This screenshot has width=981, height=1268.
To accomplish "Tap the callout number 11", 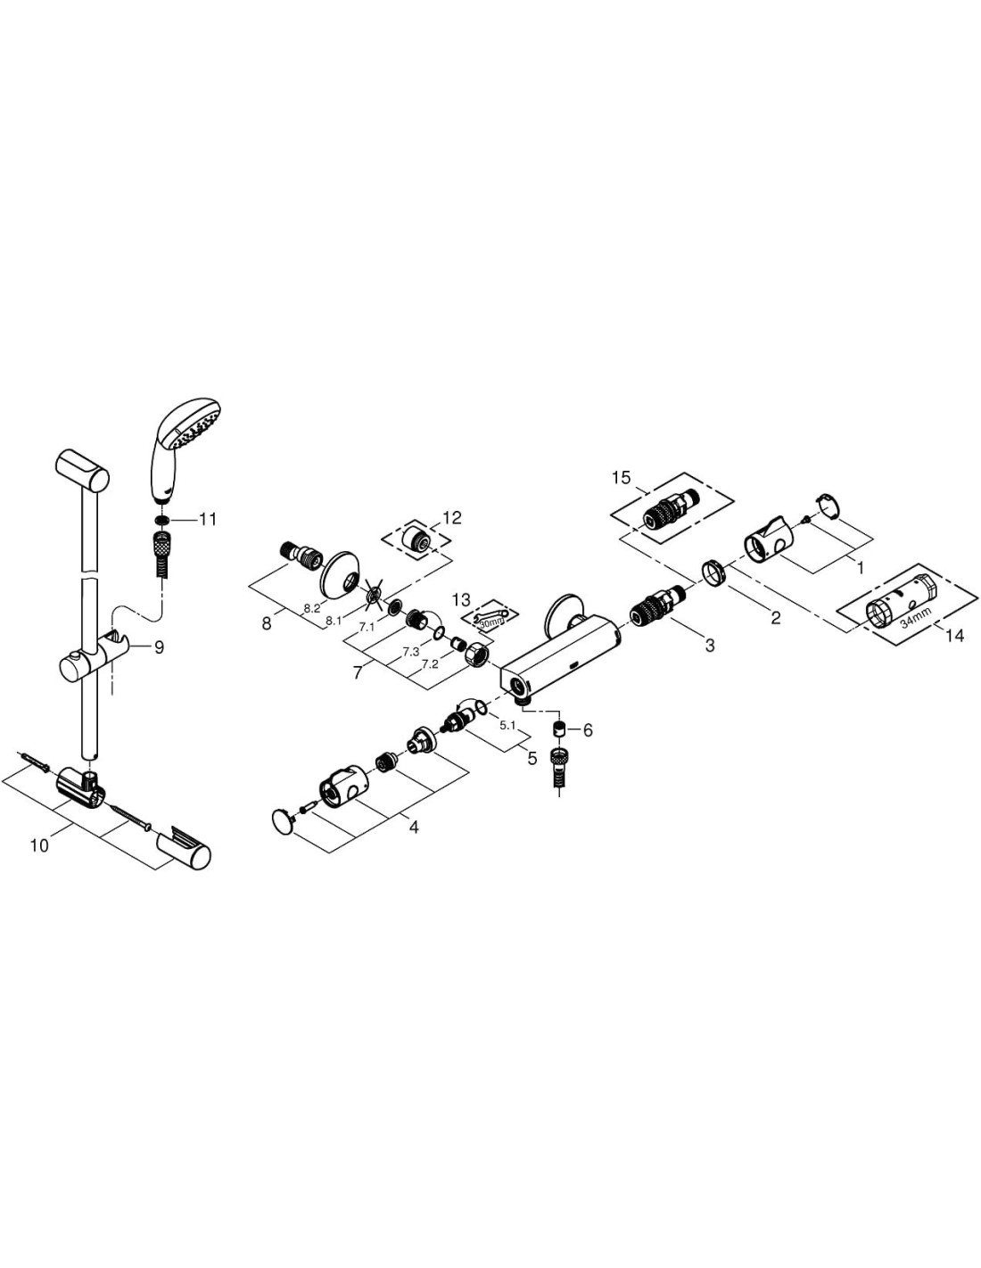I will pyautogui.click(x=208, y=519).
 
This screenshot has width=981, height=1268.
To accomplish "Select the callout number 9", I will pyautogui.click(x=159, y=647).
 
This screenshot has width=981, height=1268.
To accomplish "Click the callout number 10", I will pyautogui.click(x=38, y=844).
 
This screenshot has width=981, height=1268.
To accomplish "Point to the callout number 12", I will pyautogui.click(x=452, y=517).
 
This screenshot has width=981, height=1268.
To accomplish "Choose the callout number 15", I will pyautogui.click(x=621, y=478).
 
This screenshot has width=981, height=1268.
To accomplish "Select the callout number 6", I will pyautogui.click(x=588, y=729).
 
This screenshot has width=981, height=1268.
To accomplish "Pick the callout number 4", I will pyautogui.click(x=413, y=827).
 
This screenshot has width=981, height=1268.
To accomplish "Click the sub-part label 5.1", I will pyautogui.click(x=507, y=726).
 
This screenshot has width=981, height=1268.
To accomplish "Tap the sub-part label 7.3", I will pyautogui.click(x=410, y=652).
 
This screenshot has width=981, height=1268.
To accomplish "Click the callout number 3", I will pyautogui.click(x=710, y=646).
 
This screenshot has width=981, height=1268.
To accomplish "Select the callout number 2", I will pyautogui.click(x=776, y=618).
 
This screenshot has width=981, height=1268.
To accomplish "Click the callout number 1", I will pyautogui.click(x=860, y=566).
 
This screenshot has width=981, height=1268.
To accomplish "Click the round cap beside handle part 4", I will pyautogui.click(x=284, y=821).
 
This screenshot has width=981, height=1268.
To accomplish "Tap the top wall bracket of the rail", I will pyautogui.click(x=82, y=469).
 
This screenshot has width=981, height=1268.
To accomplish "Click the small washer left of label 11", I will pyautogui.click(x=161, y=519).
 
